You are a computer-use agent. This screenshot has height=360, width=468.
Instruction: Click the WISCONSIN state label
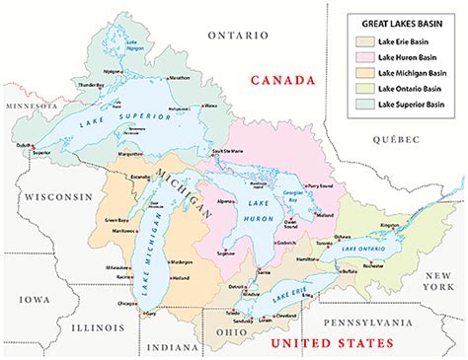point(56,195)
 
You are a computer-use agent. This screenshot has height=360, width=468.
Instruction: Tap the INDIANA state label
point(169,347)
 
